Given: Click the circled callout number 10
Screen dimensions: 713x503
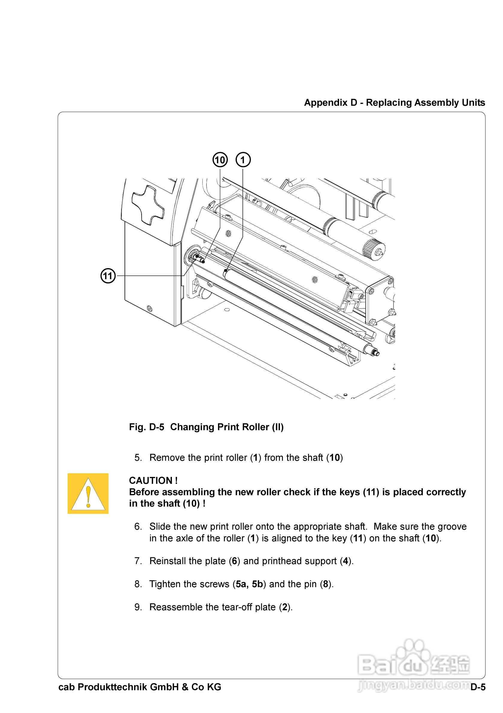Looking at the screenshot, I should [x=220, y=160].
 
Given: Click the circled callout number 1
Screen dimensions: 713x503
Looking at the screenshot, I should [x=243, y=160].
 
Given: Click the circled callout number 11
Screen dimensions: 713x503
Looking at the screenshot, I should [x=108, y=276].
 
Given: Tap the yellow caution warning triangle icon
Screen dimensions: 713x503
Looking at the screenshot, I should [x=88, y=493].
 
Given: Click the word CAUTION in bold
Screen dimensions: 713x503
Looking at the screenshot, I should [x=151, y=481].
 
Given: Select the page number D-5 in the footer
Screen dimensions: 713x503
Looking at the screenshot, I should [x=478, y=687].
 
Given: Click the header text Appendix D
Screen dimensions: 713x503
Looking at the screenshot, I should [x=331, y=102].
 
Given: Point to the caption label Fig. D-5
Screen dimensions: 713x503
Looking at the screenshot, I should [x=146, y=427].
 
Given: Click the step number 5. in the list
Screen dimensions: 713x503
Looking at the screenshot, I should [x=138, y=458].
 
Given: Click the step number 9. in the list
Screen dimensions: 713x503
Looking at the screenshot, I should [x=138, y=607].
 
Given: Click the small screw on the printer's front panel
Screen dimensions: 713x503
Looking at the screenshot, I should [x=150, y=308].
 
